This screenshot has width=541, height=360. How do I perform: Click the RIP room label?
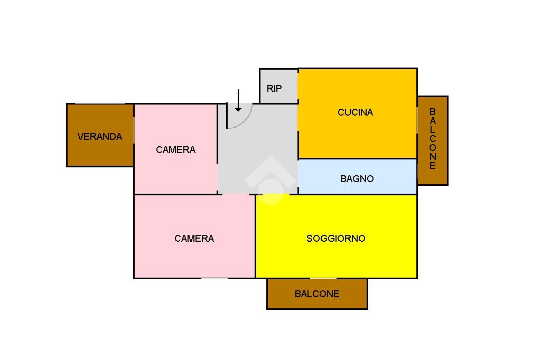coord(274,89)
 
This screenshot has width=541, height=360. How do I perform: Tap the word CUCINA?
coord(355,112)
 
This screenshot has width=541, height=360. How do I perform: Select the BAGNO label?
coord(357,179)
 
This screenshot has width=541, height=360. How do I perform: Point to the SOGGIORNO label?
coord(335,239)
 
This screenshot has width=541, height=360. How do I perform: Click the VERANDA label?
coord(99,137)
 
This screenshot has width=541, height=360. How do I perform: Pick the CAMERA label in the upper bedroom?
coord(175,150)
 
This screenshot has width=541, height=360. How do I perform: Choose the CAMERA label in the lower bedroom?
coord(194,239)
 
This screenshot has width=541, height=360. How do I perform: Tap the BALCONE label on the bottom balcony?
coord(317,294)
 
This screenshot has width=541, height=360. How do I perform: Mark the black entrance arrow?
coord(238,100)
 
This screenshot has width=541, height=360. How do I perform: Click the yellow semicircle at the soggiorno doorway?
coord(273,198)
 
